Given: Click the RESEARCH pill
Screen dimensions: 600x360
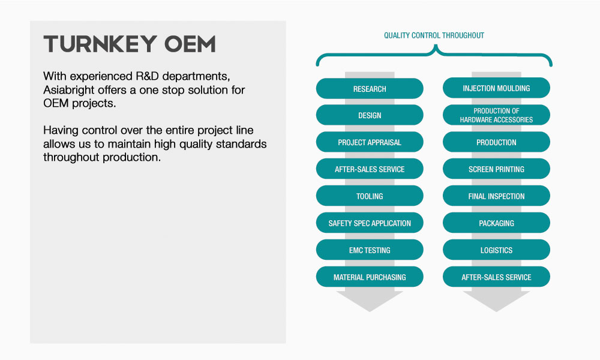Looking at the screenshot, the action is click(x=370, y=88).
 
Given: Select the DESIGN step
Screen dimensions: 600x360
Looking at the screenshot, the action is click(x=370, y=115).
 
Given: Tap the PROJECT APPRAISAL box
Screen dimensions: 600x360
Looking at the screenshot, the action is click(x=370, y=142).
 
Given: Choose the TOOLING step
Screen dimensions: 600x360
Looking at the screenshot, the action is click(x=370, y=196).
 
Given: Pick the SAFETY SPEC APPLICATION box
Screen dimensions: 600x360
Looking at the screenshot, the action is click(x=370, y=223).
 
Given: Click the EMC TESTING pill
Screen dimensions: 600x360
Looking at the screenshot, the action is click(x=370, y=250).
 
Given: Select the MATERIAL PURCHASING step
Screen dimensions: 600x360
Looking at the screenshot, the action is click(x=370, y=277).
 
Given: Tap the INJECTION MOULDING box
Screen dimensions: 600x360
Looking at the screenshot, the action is click(x=496, y=88).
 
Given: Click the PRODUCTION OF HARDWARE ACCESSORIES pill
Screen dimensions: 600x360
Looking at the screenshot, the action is click(x=496, y=115).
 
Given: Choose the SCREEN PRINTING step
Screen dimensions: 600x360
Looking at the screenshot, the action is click(x=496, y=169).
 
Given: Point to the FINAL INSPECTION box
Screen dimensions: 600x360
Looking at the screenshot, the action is click(x=496, y=196).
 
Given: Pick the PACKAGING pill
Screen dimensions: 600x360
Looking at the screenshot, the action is click(x=496, y=223).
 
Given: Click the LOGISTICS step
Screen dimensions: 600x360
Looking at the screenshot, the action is click(x=496, y=250).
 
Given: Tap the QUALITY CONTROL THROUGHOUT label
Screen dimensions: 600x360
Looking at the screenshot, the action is click(x=434, y=35).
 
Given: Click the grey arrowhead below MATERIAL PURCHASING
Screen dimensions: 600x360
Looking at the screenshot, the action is click(x=370, y=301).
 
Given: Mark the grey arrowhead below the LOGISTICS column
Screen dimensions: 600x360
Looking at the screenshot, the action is click(x=496, y=301).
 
